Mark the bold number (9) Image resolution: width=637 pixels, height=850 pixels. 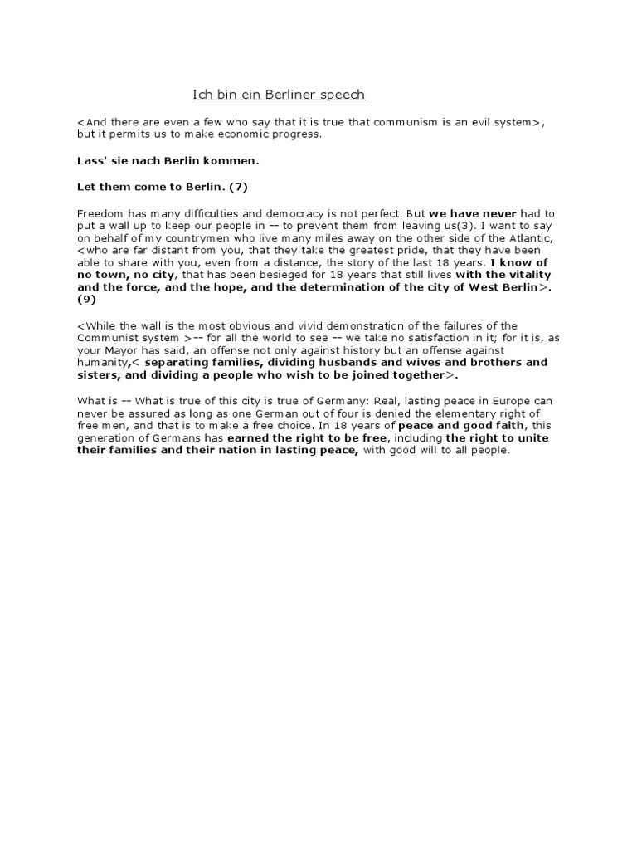pyautogui.click(x=87, y=298)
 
